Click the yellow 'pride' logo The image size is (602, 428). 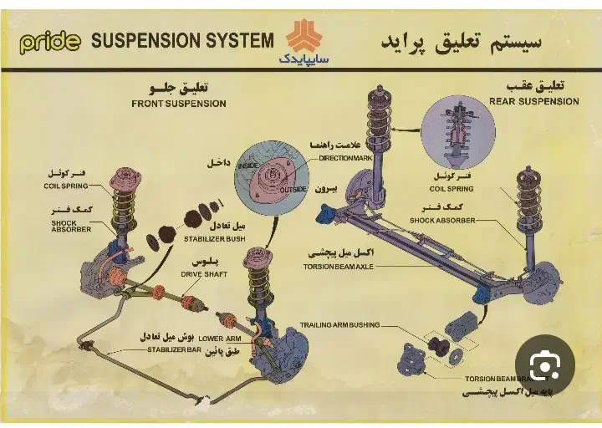click(49, 41)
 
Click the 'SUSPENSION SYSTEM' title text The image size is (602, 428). click(181, 40)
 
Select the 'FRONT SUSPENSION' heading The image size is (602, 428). click(179, 104)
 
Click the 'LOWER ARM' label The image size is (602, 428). click(221, 338)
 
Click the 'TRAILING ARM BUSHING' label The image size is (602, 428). click(339, 324)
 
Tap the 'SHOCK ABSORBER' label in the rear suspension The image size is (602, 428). click(442, 221)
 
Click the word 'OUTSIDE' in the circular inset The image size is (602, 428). click(293, 189)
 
